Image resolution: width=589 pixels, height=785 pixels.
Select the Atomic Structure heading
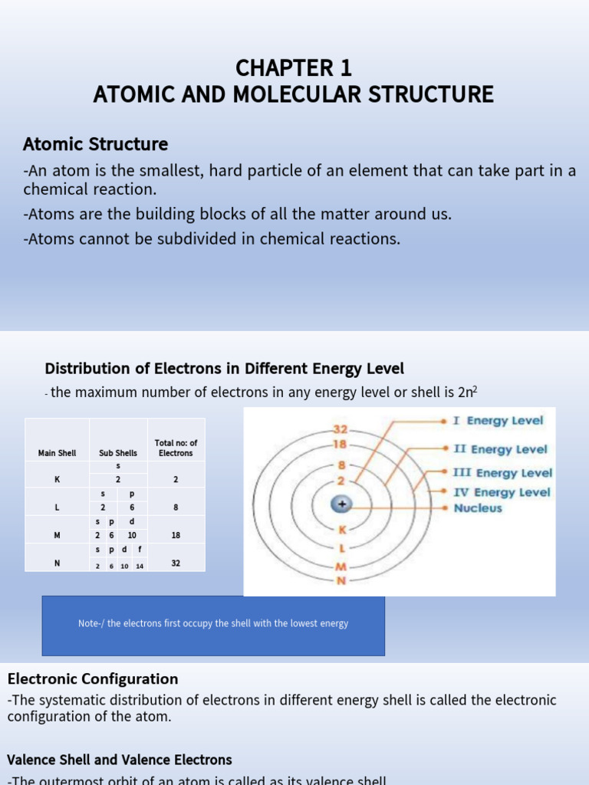(x=95, y=144)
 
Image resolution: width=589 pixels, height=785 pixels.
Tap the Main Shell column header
(x=57, y=453)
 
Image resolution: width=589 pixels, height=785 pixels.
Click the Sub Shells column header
(x=117, y=453)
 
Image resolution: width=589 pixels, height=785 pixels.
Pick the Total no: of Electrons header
(x=176, y=448)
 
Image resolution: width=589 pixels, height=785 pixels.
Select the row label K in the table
(x=57, y=479)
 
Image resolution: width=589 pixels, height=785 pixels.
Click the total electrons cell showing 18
(x=176, y=535)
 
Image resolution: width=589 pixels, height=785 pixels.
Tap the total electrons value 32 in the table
(x=176, y=563)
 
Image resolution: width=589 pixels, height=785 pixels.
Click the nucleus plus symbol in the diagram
(x=343, y=504)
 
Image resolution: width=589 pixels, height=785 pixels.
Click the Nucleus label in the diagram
(x=478, y=507)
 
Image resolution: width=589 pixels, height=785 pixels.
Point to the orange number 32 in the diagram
(x=341, y=430)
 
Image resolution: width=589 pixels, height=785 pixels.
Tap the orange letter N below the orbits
(x=342, y=580)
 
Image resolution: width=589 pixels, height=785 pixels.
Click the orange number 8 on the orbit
(x=341, y=465)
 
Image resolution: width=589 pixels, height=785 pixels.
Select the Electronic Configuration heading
(x=93, y=678)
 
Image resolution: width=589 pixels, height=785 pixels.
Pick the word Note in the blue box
(x=88, y=623)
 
